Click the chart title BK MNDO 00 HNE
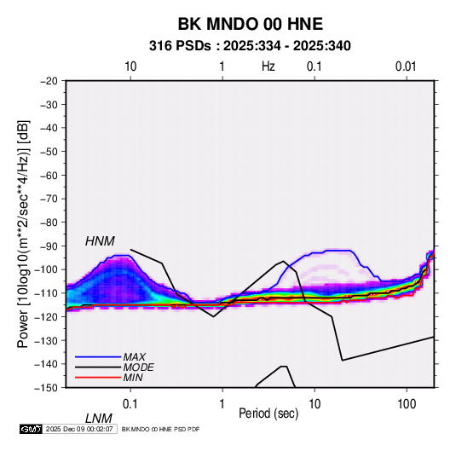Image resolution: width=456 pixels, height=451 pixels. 250,24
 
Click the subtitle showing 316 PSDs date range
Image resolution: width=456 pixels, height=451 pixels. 250,46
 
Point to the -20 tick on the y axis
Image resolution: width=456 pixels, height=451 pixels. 49,81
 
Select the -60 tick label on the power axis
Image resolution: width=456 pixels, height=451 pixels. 49,176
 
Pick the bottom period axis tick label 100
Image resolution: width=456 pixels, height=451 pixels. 407,404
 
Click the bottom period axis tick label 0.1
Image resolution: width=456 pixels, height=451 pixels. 130,404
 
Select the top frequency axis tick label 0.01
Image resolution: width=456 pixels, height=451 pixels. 406,66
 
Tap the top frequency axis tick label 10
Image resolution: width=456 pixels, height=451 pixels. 130,66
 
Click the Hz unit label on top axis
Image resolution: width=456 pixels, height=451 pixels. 268,66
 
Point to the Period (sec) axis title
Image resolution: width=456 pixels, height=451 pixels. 268,413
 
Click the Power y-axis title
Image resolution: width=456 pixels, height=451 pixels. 24,234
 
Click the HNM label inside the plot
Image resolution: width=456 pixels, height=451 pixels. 100,241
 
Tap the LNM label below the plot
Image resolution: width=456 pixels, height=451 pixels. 99,419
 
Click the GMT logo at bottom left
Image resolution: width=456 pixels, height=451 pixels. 32,429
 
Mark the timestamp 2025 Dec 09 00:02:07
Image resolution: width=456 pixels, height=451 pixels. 79,429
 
